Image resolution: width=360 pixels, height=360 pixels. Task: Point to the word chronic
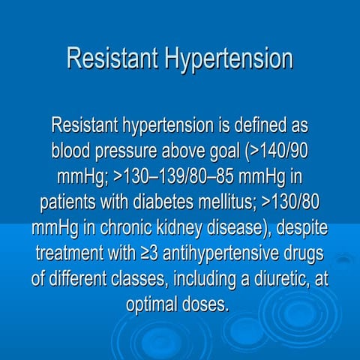(132, 228)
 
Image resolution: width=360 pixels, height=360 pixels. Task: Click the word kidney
(188, 228)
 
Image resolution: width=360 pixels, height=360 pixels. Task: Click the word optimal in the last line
(154, 306)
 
